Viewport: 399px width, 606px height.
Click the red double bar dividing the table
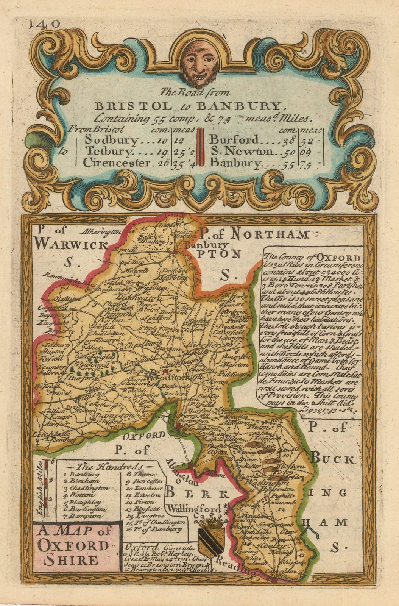coord(199,151)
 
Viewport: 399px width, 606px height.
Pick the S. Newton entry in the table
coord(242,151)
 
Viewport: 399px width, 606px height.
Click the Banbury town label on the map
coord(206,245)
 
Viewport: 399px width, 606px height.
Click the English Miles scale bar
coord(46,488)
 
